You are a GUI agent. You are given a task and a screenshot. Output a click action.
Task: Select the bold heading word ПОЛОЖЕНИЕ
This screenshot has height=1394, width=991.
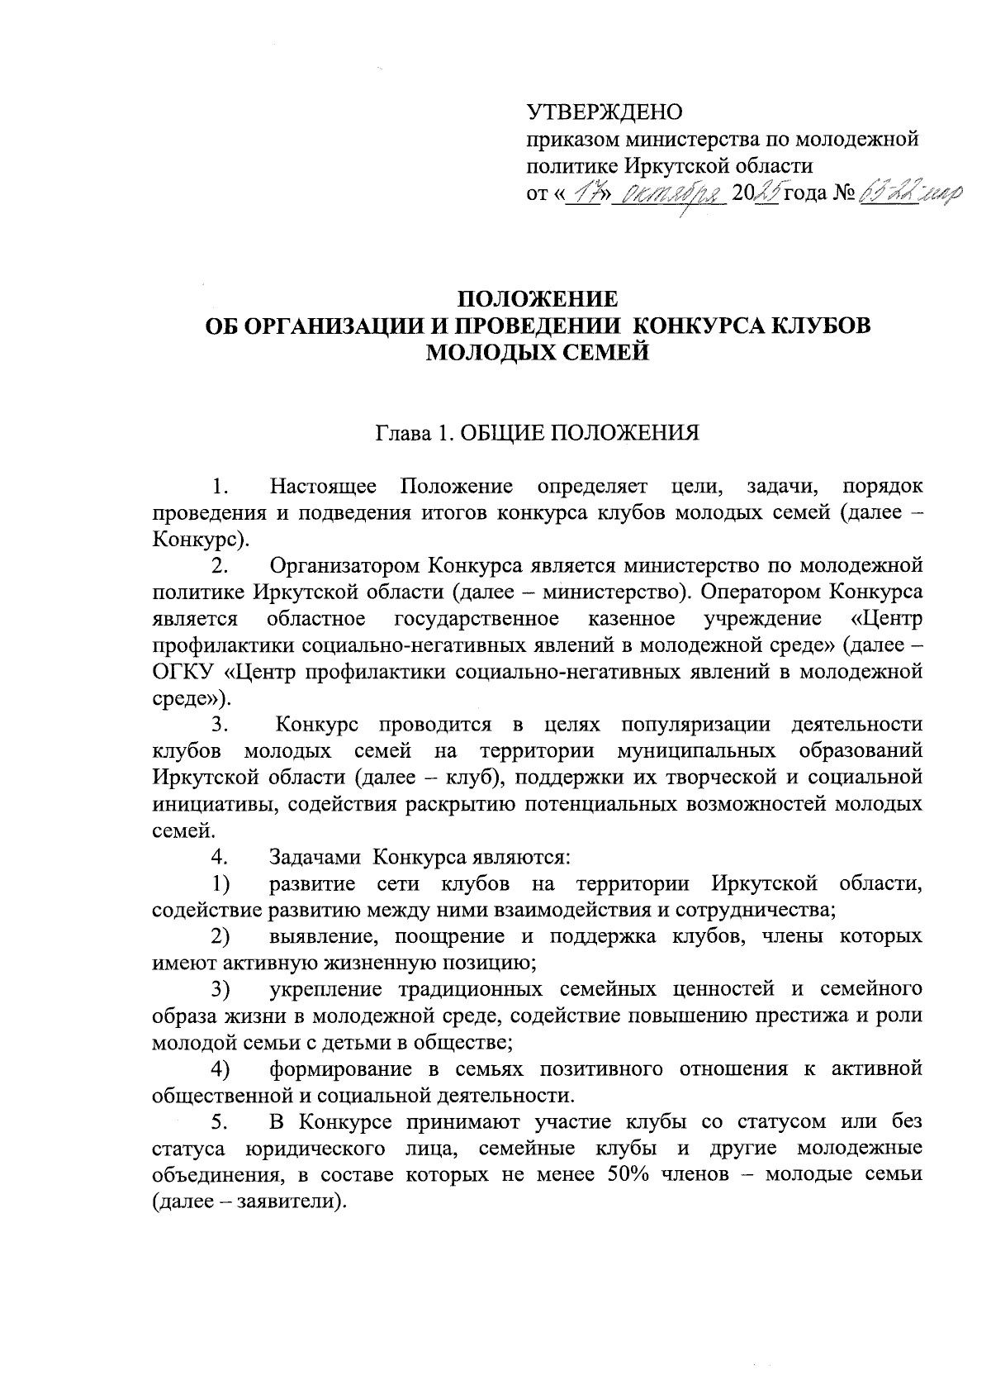click(537, 298)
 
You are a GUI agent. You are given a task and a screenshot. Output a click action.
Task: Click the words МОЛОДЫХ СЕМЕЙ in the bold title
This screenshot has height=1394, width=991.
click(537, 353)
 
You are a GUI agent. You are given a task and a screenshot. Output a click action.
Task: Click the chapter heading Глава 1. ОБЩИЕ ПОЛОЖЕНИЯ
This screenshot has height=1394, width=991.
click(537, 433)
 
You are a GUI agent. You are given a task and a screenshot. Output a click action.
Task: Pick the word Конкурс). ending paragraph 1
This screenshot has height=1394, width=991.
click(201, 539)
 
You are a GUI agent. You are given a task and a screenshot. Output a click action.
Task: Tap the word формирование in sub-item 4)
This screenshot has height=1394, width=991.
click(339, 1069)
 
